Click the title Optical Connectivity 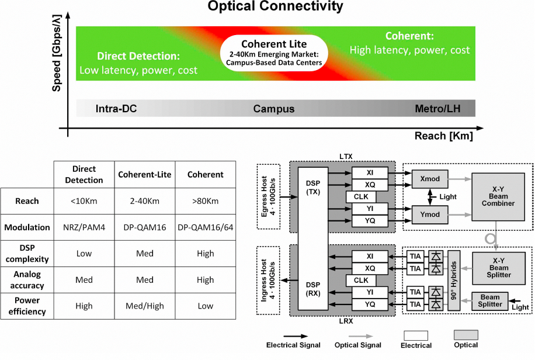[x=268, y=7]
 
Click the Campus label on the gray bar [x=273, y=109]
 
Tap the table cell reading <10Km [x=84, y=201]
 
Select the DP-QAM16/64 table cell [x=206, y=227]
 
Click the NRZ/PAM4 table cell [x=84, y=227]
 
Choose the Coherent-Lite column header [x=144, y=175]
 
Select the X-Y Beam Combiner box [x=499, y=196]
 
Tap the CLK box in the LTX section [x=361, y=196]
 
